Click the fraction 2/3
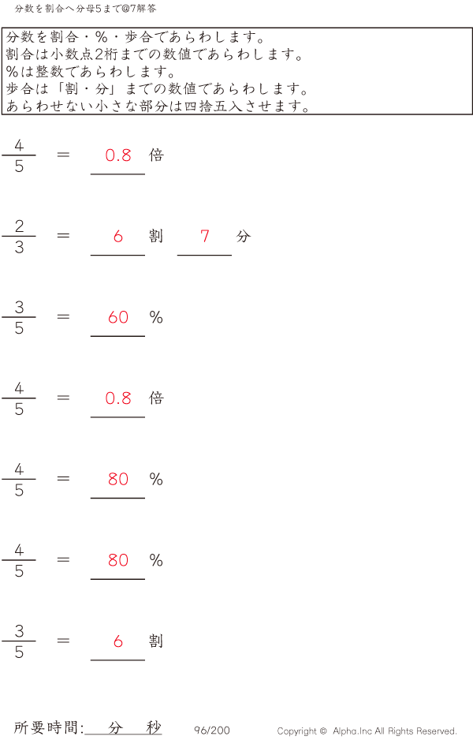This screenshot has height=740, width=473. pyautogui.click(x=19, y=236)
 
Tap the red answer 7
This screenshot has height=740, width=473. pyautogui.click(x=205, y=236)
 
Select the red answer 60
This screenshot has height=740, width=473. pyautogui.click(x=118, y=317)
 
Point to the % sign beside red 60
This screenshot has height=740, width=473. pyautogui.click(x=156, y=317)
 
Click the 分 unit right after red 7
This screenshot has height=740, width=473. pyautogui.click(x=243, y=236)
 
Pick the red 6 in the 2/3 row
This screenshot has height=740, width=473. pyautogui.click(x=118, y=236)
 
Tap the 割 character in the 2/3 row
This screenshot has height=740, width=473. pyautogui.click(x=156, y=236)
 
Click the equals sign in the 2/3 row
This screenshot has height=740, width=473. pyautogui.click(x=64, y=236)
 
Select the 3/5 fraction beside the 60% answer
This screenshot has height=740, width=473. pyautogui.click(x=19, y=317)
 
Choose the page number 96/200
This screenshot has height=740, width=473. pyautogui.click(x=212, y=731)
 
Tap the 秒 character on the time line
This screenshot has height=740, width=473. pyautogui.click(x=153, y=727)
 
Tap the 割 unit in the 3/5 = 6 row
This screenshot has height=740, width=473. pyautogui.click(x=156, y=641)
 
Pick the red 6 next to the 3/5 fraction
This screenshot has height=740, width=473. pyautogui.click(x=118, y=641)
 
